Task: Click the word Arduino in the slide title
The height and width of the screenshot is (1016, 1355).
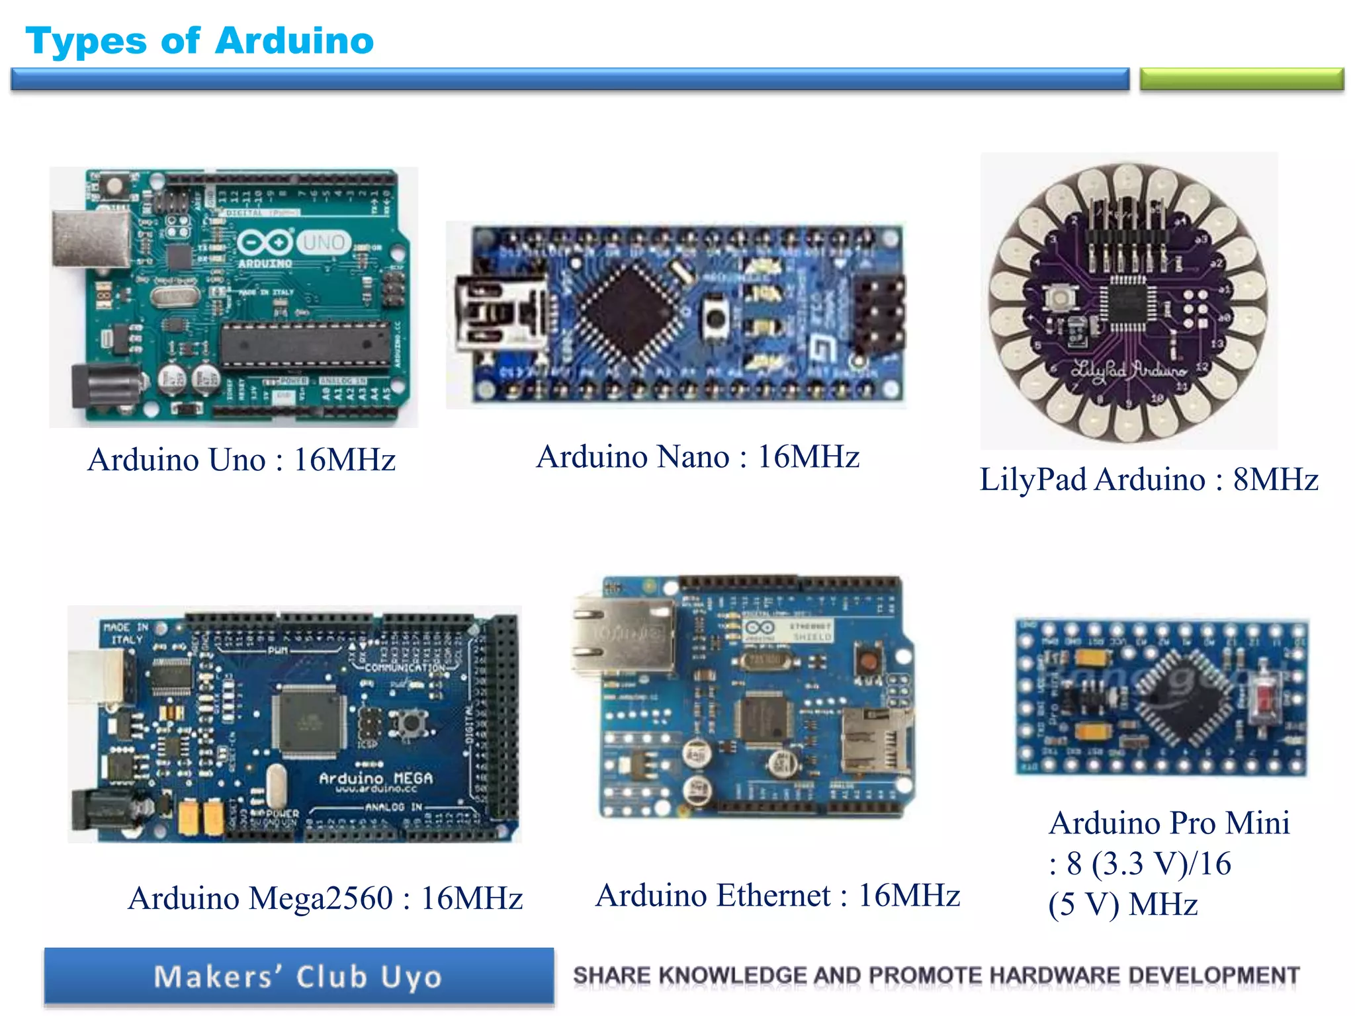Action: (294, 41)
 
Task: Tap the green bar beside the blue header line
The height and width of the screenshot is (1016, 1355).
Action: (1241, 79)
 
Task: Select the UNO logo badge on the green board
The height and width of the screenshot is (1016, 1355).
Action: (323, 243)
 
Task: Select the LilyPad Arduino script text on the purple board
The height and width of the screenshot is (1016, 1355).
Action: (1128, 370)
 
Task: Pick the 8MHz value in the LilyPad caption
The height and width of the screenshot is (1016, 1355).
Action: (1275, 480)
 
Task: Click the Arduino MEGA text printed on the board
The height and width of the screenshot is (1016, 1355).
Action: (376, 779)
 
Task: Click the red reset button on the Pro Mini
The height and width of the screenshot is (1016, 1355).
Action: (1265, 698)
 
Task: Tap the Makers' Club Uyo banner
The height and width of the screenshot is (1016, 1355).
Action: (299, 976)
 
